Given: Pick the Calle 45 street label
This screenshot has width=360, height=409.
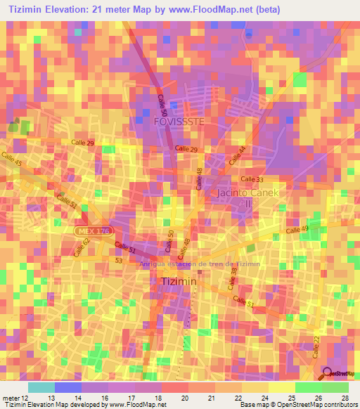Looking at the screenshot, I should [11, 159].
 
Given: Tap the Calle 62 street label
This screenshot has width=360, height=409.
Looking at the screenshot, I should [81, 247].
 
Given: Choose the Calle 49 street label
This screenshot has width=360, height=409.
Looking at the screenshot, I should [297, 230].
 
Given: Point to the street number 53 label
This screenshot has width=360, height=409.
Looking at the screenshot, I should [120, 260].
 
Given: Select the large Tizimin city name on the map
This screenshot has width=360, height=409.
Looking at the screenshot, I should [179, 281].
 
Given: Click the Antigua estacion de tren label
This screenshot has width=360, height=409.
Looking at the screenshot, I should [200, 264].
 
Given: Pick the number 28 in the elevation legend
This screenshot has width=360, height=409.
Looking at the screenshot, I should [345, 398].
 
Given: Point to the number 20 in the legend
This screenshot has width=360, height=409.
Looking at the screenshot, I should [185, 398].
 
